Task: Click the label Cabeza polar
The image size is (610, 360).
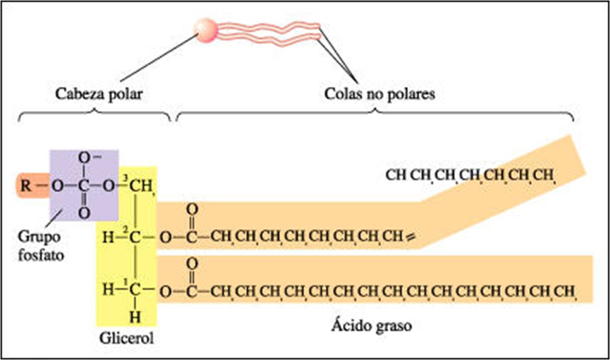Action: (x=101, y=94)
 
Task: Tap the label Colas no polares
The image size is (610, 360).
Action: (x=380, y=94)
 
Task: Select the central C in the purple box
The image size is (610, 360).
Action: (x=84, y=187)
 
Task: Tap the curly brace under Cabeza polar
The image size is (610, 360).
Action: (x=95, y=115)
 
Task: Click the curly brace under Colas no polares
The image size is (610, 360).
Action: (x=375, y=115)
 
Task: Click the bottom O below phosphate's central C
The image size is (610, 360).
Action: (x=84, y=213)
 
